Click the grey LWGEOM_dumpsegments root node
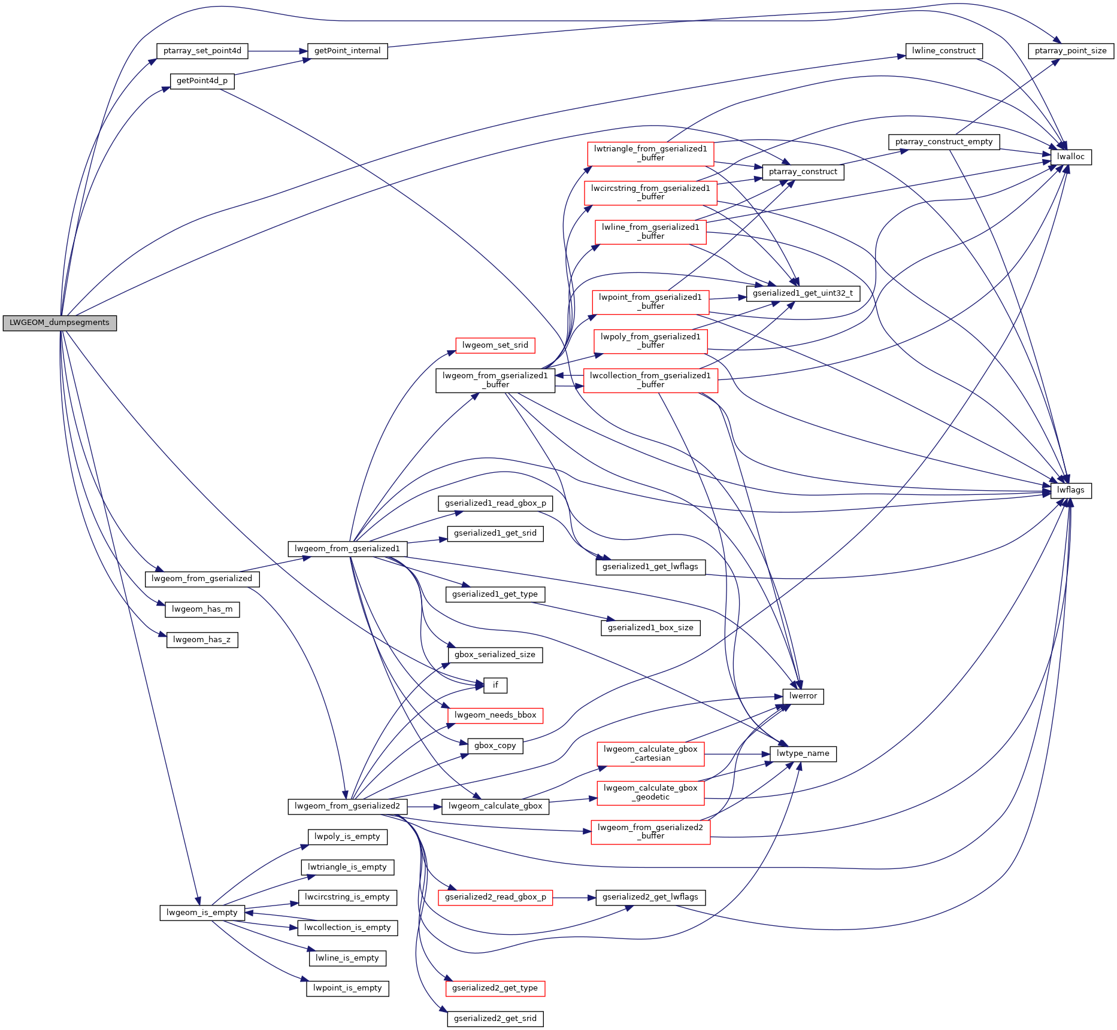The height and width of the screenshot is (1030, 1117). click(x=59, y=323)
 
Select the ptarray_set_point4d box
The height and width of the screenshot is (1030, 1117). click(x=202, y=51)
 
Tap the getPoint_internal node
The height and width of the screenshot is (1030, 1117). click(x=347, y=51)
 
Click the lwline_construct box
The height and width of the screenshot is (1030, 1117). click(x=943, y=51)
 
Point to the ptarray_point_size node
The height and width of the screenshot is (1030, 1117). click(x=1070, y=51)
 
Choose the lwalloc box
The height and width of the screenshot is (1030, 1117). click(x=1070, y=157)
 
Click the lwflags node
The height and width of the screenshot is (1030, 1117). click(x=1070, y=490)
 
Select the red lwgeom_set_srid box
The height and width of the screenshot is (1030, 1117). click(x=495, y=345)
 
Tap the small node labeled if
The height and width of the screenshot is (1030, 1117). click(x=495, y=685)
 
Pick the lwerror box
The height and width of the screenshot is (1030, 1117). click(x=803, y=696)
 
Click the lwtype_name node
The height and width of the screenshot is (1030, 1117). click(x=803, y=753)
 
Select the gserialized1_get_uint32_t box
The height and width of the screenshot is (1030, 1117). click(x=803, y=293)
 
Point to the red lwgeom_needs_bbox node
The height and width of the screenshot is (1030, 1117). click(x=495, y=715)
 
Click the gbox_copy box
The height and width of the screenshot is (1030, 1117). click(x=495, y=746)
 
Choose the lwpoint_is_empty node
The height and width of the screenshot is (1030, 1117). click(x=347, y=988)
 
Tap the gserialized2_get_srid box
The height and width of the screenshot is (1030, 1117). click(x=495, y=1019)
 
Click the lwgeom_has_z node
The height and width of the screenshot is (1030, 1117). click(x=202, y=640)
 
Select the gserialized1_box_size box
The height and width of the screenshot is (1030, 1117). click(x=650, y=628)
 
